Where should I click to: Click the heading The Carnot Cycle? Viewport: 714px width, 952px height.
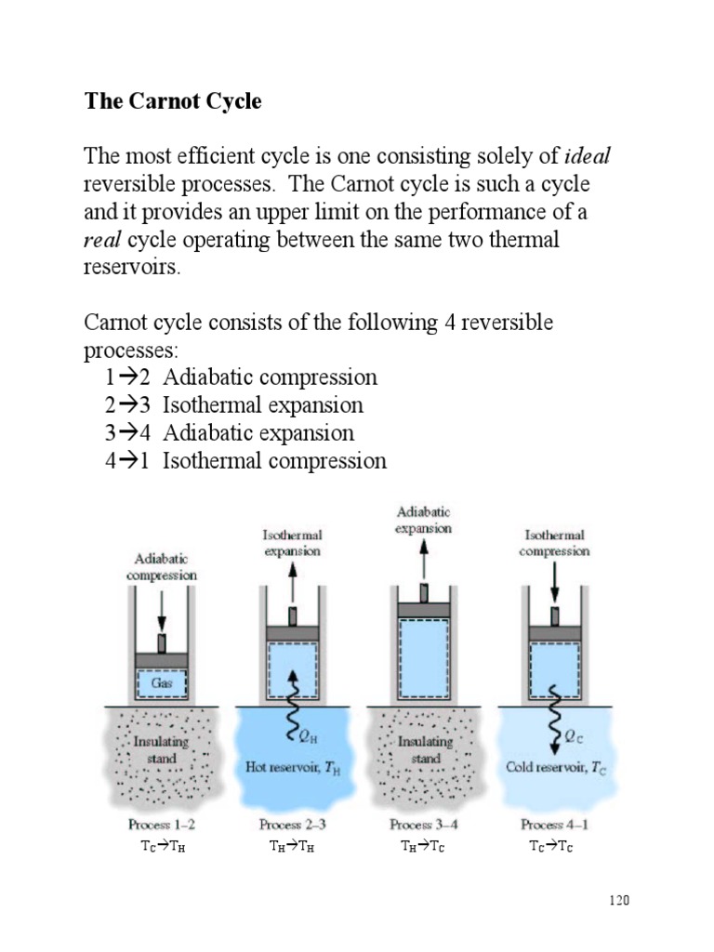(x=173, y=101)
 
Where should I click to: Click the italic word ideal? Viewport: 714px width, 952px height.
(x=588, y=155)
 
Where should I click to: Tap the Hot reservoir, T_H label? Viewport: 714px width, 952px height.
(x=292, y=767)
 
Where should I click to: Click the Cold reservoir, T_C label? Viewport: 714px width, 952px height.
(x=556, y=767)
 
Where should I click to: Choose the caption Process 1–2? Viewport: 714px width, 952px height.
(x=162, y=824)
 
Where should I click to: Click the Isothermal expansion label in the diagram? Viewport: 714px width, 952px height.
(x=292, y=543)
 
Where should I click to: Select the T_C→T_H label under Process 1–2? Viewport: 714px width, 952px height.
(x=162, y=845)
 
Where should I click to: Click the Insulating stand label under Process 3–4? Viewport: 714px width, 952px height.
(x=425, y=749)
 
